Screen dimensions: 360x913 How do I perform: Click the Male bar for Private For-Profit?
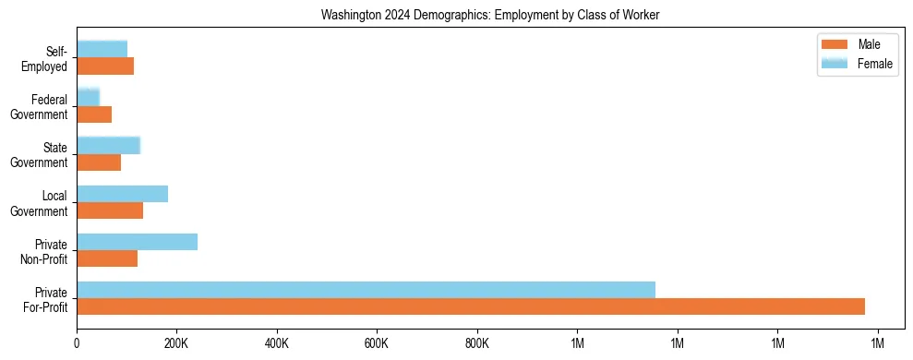(471, 306)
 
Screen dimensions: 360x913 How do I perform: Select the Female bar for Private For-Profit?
(366, 290)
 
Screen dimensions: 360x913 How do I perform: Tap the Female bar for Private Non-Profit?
(137, 242)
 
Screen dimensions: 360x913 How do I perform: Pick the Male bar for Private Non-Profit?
(107, 258)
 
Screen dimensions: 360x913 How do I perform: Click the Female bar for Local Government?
(122, 194)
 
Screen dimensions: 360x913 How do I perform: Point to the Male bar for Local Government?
(110, 210)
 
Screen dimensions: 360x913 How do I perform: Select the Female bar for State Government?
(108, 145)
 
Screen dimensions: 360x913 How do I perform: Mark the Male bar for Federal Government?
(94, 114)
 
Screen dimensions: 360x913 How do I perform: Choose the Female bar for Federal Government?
(88, 97)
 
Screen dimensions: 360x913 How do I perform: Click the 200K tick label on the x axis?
(175, 343)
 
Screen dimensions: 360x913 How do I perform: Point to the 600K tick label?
(377, 343)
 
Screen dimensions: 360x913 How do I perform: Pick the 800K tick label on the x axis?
(476, 343)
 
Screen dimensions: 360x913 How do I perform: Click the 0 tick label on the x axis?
(77, 343)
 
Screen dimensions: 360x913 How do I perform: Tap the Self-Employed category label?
(48, 59)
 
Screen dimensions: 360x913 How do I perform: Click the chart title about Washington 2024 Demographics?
(490, 16)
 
